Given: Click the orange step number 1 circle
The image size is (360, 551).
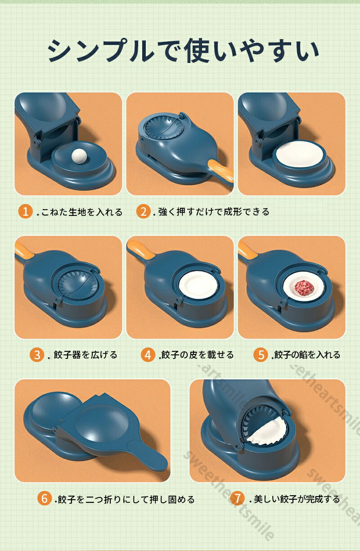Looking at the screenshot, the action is (x=25, y=211).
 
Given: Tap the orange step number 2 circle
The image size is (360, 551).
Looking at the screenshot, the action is (x=144, y=211).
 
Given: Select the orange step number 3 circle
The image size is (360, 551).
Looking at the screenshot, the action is (x=36, y=355).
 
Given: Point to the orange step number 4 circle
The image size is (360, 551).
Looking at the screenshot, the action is (x=148, y=355).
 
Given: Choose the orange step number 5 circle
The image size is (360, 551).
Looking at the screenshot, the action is (x=261, y=355).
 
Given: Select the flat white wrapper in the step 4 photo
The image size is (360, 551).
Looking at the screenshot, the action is (x=198, y=286).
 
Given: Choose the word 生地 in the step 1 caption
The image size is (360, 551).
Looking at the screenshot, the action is (x=77, y=211).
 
